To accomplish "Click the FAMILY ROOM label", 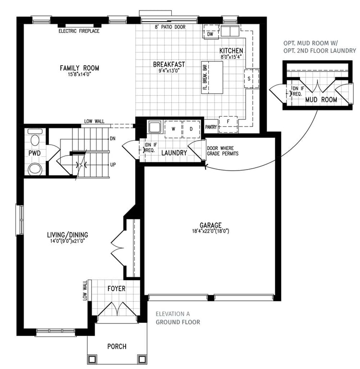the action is pyautogui.click(x=80, y=68).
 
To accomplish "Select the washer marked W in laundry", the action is pyautogui.click(x=173, y=129).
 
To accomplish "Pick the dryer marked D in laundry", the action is pyautogui.click(x=192, y=129).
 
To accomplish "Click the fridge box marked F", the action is pyautogui.click(x=228, y=124).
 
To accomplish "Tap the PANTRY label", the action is pyautogui.click(x=211, y=127).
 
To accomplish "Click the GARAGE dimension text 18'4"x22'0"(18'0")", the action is pyautogui.click(x=210, y=231).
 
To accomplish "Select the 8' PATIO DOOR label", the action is pyautogui.click(x=170, y=27).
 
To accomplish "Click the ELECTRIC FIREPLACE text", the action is pyautogui.click(x=79, y=31).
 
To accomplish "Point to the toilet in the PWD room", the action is pyautogui.click(x=36, y=139).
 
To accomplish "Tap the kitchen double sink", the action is pyautogui.click(x=230, y=31).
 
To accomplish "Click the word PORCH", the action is pyautogui.click(x=117, y=346).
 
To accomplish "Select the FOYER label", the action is pyautogui.click(x=116, y=288).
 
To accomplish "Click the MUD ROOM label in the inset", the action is pyautogui.click(x=321, y=99).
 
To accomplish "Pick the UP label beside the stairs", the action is pyautogui.click(x=113, y=165).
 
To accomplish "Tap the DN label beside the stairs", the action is pyautogui.click(x=113, y=138).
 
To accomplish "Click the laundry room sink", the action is pyautogui.click(x=155, y=127).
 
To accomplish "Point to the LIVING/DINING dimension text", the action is pyautogui.click(x=68, y=241).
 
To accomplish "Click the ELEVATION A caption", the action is pyautogui.click(x=173, y=314).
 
